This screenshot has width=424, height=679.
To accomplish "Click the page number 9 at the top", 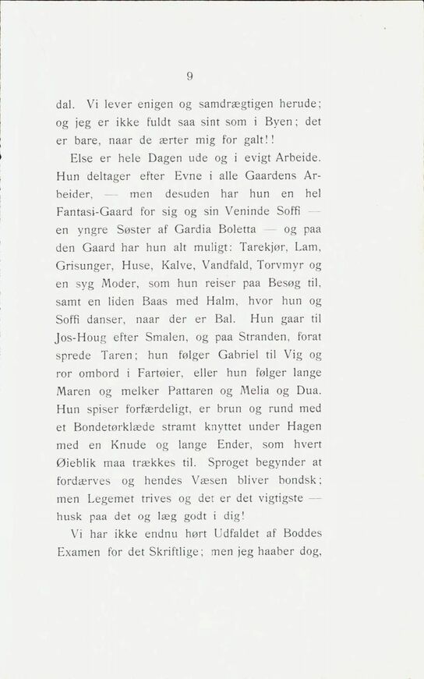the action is [189, 76].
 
